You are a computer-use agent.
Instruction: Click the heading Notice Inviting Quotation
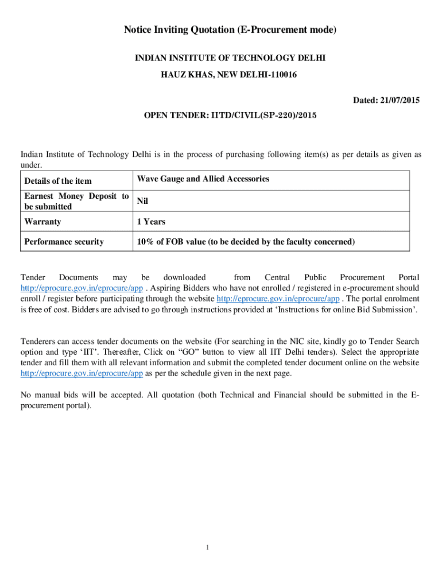coord(230,30)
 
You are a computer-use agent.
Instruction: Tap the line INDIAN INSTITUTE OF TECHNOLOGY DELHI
coord(230,59)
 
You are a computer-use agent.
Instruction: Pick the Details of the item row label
coord(58,181)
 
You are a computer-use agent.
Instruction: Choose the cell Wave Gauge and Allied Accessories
coord(203,179)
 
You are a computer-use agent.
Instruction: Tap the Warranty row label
coord(42,221)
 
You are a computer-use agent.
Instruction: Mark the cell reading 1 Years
coord(152,221)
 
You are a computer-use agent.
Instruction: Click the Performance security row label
coord(64,242)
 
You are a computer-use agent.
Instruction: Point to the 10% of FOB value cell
coord(246,242)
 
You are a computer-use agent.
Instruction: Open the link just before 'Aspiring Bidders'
coord(82,288)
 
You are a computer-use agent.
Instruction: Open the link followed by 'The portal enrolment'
coord(278,299)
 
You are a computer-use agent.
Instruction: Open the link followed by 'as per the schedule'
coord(82,373)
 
